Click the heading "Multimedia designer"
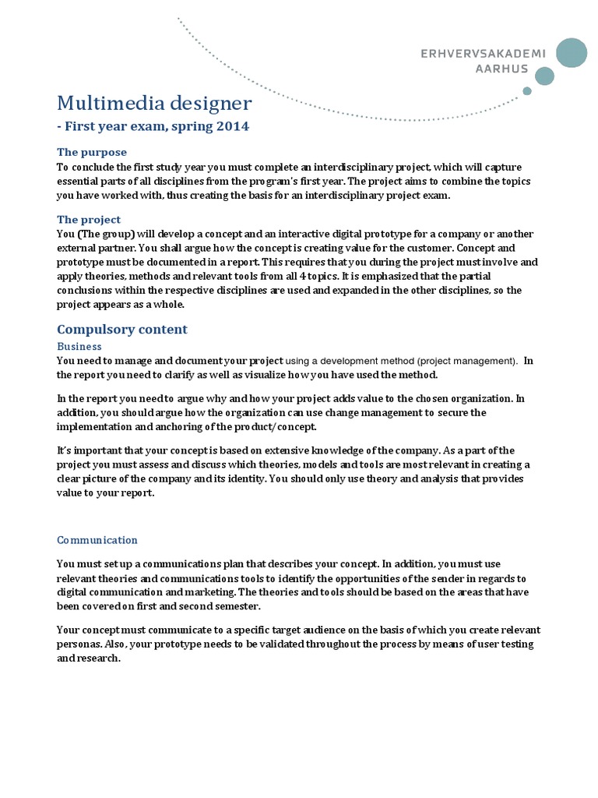tap(154, 103)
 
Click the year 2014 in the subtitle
tap(233, 126)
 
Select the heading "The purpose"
tap(92, 152)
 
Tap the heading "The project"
tap(89, 220)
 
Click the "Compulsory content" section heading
tap(122, 329)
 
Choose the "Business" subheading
tap(79, 346)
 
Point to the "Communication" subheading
tap(97, 540)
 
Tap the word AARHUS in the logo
tap(501, 69)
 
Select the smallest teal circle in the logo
tap(527, 91)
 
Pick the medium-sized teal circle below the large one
tap(545, 76)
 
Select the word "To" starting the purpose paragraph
tap(63, 168)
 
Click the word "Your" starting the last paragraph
tap(69, 630)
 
